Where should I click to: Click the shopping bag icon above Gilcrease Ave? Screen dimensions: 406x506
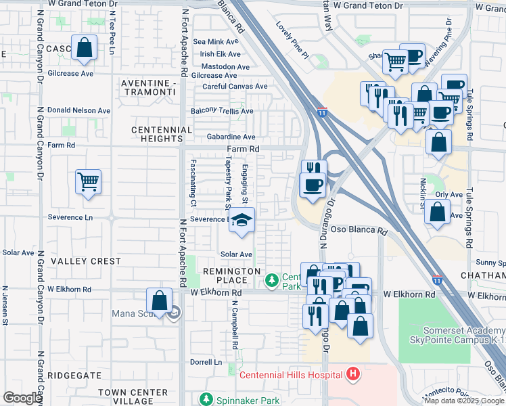point(85,49)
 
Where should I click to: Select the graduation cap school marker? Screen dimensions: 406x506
point(241,221)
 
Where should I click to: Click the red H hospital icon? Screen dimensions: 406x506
point(352,374)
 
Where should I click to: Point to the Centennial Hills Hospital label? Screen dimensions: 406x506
point(291,374)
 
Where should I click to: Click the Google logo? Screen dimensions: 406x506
point(22,398)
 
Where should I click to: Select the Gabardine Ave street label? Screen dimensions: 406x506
point(231,137)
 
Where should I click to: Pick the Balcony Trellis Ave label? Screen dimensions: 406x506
point(222,111)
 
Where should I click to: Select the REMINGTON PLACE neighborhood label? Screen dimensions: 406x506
point(232,275)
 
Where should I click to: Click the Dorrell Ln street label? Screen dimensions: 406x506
point(207,362)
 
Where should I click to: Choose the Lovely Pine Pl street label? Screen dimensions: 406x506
point(292,39)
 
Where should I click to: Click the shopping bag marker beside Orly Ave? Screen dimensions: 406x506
point(438,212)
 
